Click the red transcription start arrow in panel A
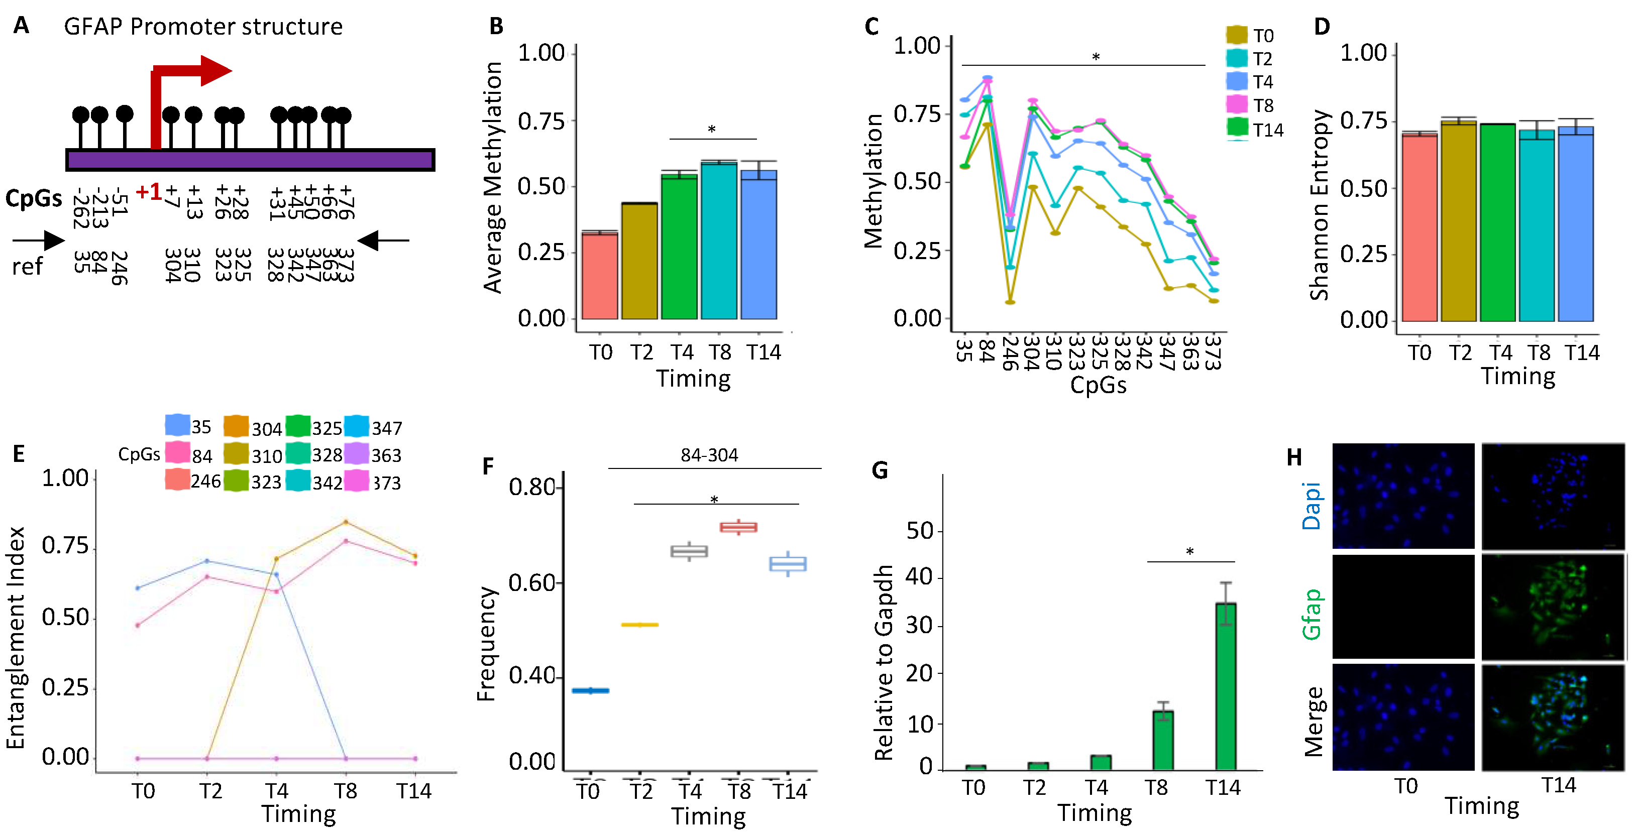[x=191, y=71]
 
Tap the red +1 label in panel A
[x=149, y=191]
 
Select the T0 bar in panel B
[x=599, y=276]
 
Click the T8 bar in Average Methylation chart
[x=719, y=242]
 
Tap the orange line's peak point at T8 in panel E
[x=346, y=522]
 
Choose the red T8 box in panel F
[x=738, y=527]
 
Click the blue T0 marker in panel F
[x=590, y=690]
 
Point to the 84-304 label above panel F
[x=709, y=455]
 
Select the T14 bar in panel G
[x=1226, y=686]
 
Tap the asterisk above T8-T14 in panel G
[x=1189, y=552]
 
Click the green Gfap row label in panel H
[x=1312, y=613]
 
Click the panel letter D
[x=1322, y=27]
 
